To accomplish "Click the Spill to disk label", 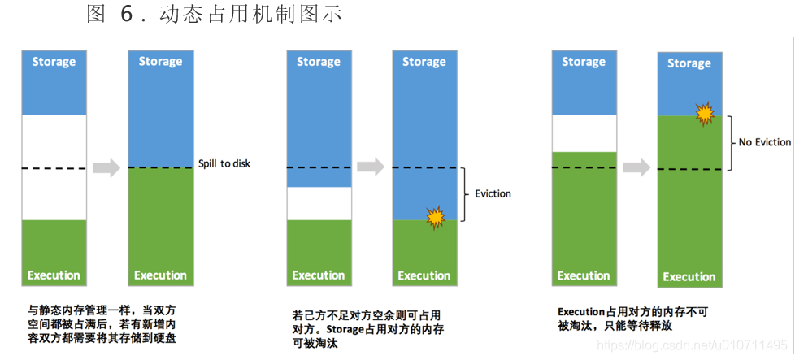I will pos(224,163).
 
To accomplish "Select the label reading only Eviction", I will pos(493,193).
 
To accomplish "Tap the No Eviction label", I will pos(764,142).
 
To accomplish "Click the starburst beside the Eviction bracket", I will pos(436,216).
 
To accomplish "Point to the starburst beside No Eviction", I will pos(704,113).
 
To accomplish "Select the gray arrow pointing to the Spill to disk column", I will pos(106,168).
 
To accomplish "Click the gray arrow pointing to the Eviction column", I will pos(371,167).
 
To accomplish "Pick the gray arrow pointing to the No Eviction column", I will pos(636,167).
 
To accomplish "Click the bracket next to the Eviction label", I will pos(464,194).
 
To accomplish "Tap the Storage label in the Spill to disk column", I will pos(160,62).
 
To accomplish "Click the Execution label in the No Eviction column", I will pos(689,277).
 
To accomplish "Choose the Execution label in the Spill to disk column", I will pos(160,275).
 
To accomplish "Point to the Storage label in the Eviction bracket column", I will pos(424,62).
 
